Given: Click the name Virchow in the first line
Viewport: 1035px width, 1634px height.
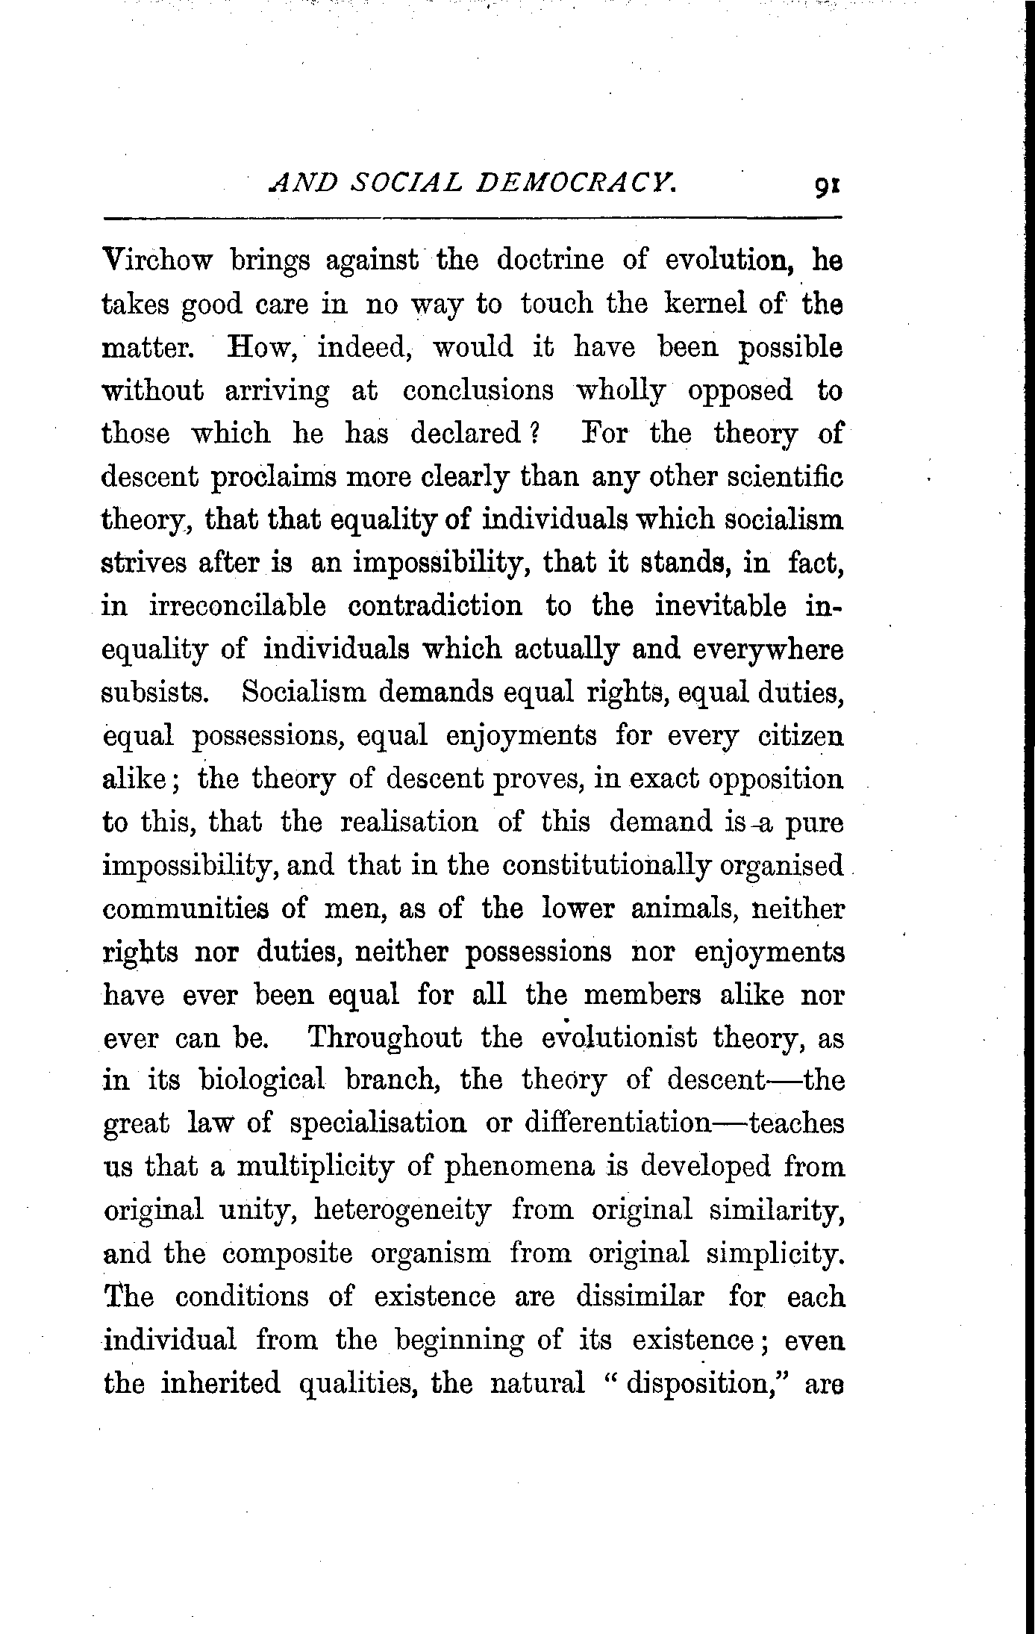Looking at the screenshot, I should tap(157, 261).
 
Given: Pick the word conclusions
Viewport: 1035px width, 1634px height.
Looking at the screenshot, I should tap(478, 390).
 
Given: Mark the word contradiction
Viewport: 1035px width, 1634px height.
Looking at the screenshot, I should tap(436, 606).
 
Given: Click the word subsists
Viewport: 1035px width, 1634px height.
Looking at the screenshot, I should tap(154, 693).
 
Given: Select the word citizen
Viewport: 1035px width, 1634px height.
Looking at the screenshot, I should tap(801, 736).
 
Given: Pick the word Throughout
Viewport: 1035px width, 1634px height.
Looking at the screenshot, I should tap(385, 1038).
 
